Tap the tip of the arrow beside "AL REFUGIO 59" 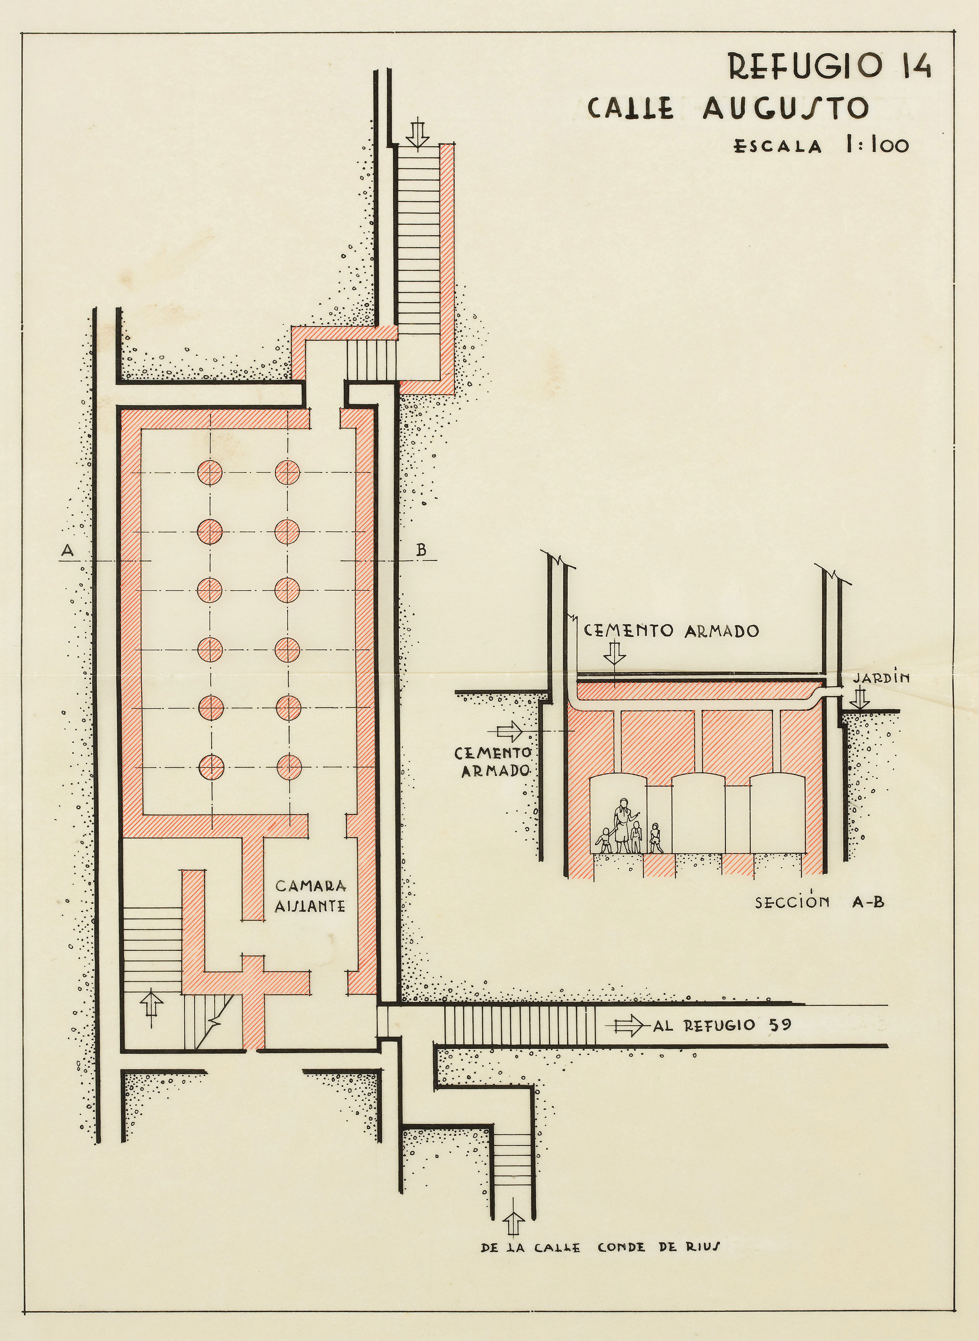click(x=643, y=611)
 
